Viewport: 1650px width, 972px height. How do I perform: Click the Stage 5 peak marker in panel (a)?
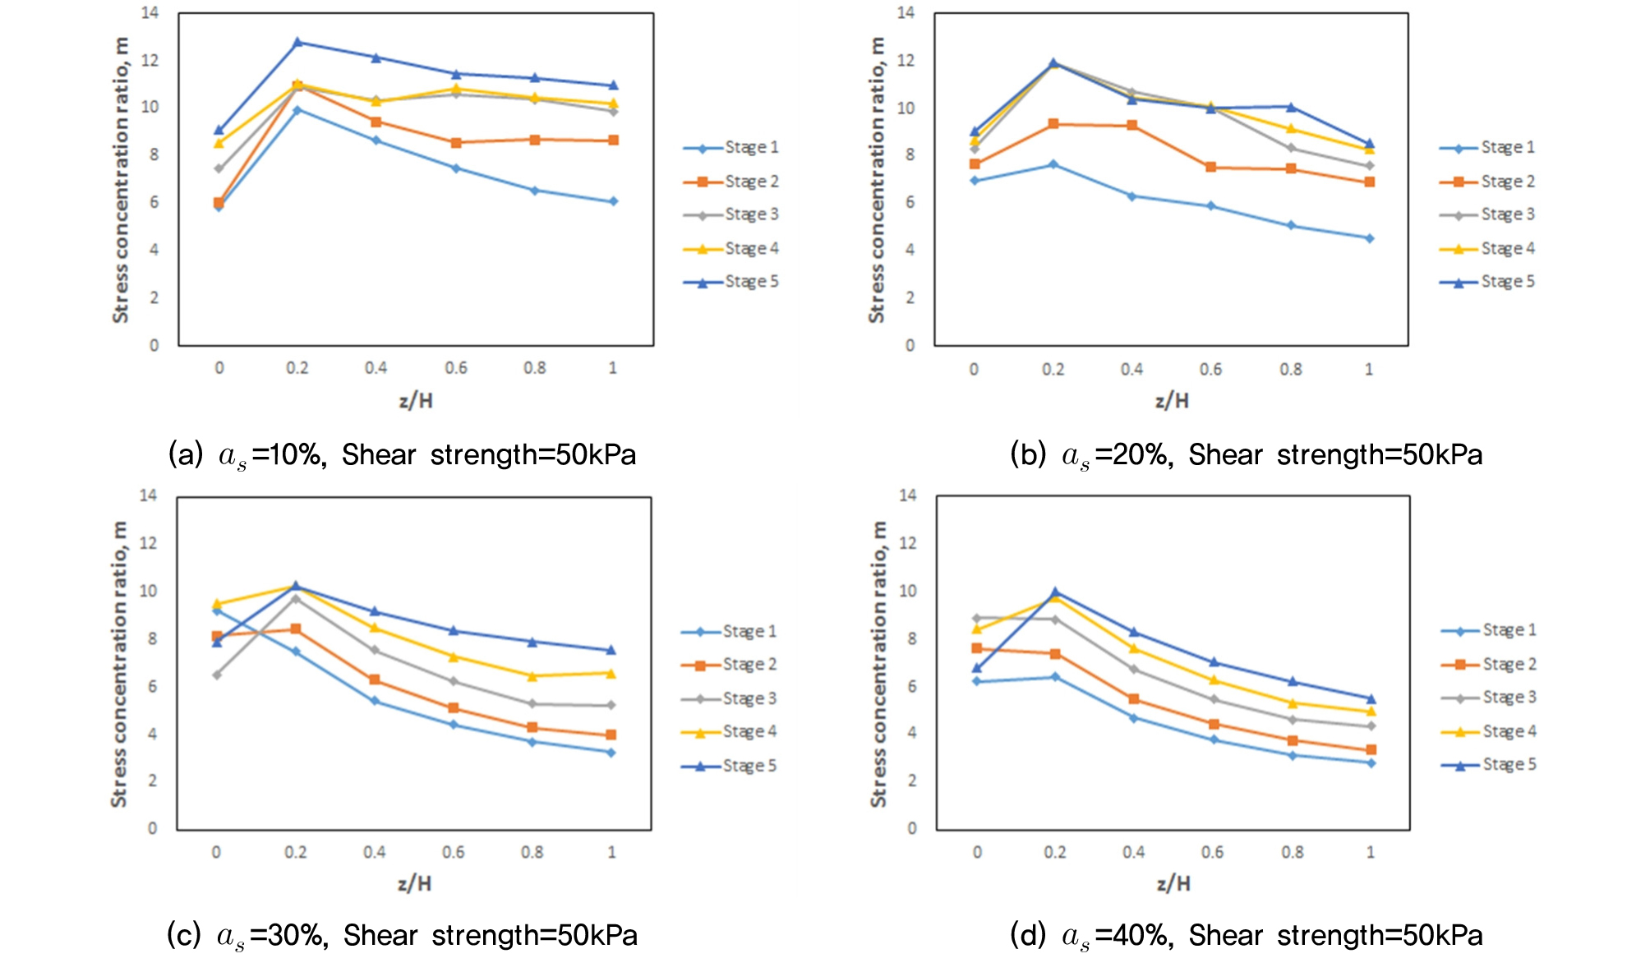point(297,42)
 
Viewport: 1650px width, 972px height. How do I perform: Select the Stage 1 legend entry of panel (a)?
point(731,148)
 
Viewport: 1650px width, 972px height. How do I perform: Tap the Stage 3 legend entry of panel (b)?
point(1487,214)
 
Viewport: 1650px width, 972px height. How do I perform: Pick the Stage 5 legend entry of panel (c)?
point(729,766)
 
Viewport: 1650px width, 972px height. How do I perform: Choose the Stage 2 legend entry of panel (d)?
point(1489,664)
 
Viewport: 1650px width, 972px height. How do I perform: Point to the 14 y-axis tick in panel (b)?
point(906,12)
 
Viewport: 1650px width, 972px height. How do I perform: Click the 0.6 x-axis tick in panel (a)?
point(456,368)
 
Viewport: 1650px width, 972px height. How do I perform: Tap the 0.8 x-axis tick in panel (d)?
point(1292,852)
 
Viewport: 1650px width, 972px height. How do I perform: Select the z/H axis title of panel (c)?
point(414,883)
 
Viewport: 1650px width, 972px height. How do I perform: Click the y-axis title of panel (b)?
point(877,179)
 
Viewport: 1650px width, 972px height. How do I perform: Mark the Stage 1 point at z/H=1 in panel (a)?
point(613,201)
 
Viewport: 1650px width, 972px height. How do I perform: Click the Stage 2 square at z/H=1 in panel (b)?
point(1369,182)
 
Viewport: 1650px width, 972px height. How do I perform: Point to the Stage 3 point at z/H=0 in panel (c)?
point(217,675)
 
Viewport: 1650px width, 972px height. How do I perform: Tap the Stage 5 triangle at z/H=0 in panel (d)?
point(976,669)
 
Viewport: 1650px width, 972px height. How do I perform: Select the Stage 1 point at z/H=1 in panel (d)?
point(1371,762)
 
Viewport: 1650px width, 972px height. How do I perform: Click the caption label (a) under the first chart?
point(185,454)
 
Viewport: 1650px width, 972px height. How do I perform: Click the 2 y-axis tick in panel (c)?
point(152,781)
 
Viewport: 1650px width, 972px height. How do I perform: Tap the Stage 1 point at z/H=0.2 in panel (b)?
point(1053,164)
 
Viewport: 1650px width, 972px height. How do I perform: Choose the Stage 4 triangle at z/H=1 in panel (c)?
point(611,673)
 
